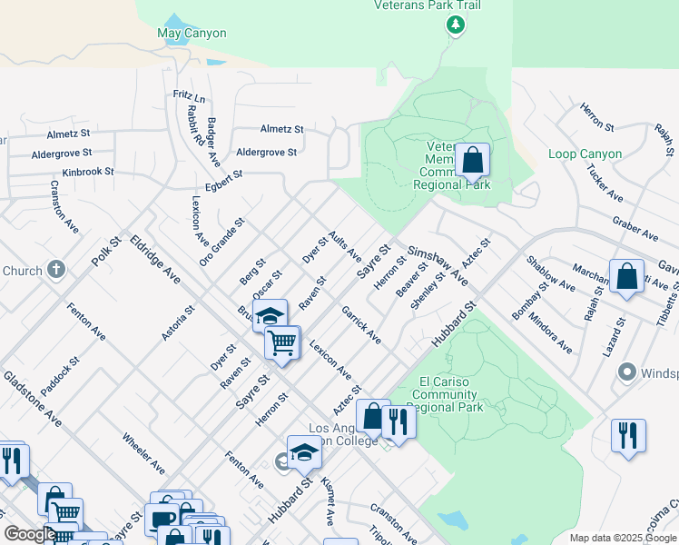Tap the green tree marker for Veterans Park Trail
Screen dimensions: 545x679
pos(456,25)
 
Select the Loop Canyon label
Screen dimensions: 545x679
pos(585,154)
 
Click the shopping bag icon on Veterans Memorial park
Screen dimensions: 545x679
pos(472,161)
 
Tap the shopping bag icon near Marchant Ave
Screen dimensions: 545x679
pos(626,275)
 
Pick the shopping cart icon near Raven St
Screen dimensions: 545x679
pos(282,343)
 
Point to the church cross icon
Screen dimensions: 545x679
pos(56,270)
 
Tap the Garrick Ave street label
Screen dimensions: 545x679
pos(361,324)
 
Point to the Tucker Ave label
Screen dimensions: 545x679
pos(604,183)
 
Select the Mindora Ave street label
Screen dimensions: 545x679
pos(550,332)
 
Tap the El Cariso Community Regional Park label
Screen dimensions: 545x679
pos(443,394)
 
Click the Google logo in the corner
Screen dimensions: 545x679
pos(29,533)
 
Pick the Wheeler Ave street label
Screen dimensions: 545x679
pos(143,453)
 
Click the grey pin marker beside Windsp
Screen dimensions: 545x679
pos(625,372)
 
